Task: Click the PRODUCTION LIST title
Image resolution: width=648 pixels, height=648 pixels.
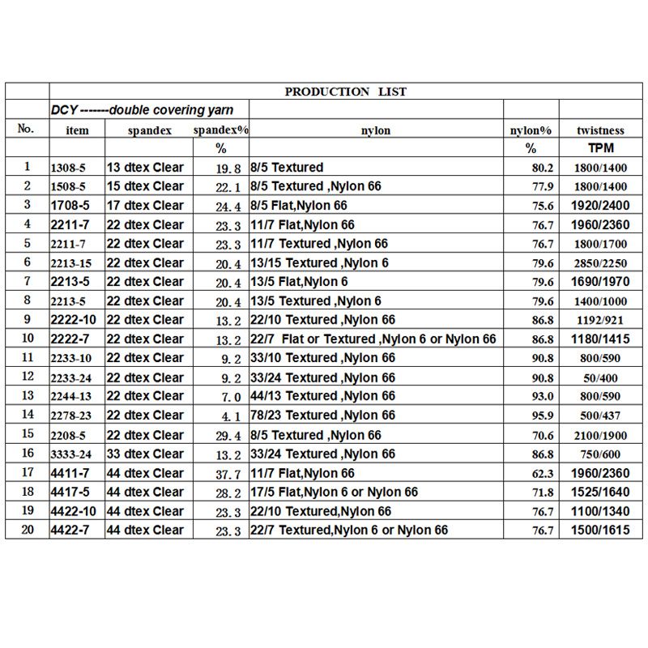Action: click(x=346, y=92)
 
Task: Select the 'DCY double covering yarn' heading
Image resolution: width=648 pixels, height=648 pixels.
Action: click(x=142, y=110)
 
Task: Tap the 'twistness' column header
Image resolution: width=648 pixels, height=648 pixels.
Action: click(x=600, y=130)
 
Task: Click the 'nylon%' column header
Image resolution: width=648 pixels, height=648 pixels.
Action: click(x=531, y=130)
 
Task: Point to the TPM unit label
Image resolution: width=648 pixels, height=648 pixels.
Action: click(x=600, y=148)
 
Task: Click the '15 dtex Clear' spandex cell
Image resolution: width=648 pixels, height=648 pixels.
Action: click(x=145, y=186)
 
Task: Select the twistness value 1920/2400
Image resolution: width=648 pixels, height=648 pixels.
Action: click(x=600, y=206)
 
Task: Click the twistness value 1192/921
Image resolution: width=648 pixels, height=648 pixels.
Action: click(x=600, y=320)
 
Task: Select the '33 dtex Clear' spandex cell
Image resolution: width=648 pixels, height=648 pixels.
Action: click(x=145, y=454)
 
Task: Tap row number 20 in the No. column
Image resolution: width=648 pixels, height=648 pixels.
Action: click(x=27, y=530)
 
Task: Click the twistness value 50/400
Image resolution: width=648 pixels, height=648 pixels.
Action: click(x=600, y=377)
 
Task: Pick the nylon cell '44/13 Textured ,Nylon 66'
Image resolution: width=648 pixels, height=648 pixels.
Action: click(x=323, y=396)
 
